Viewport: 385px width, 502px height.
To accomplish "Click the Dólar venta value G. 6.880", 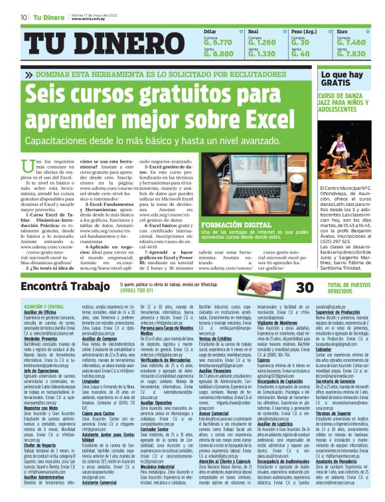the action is (218, 54).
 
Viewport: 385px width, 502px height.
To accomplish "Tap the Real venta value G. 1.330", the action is (261, 54).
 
